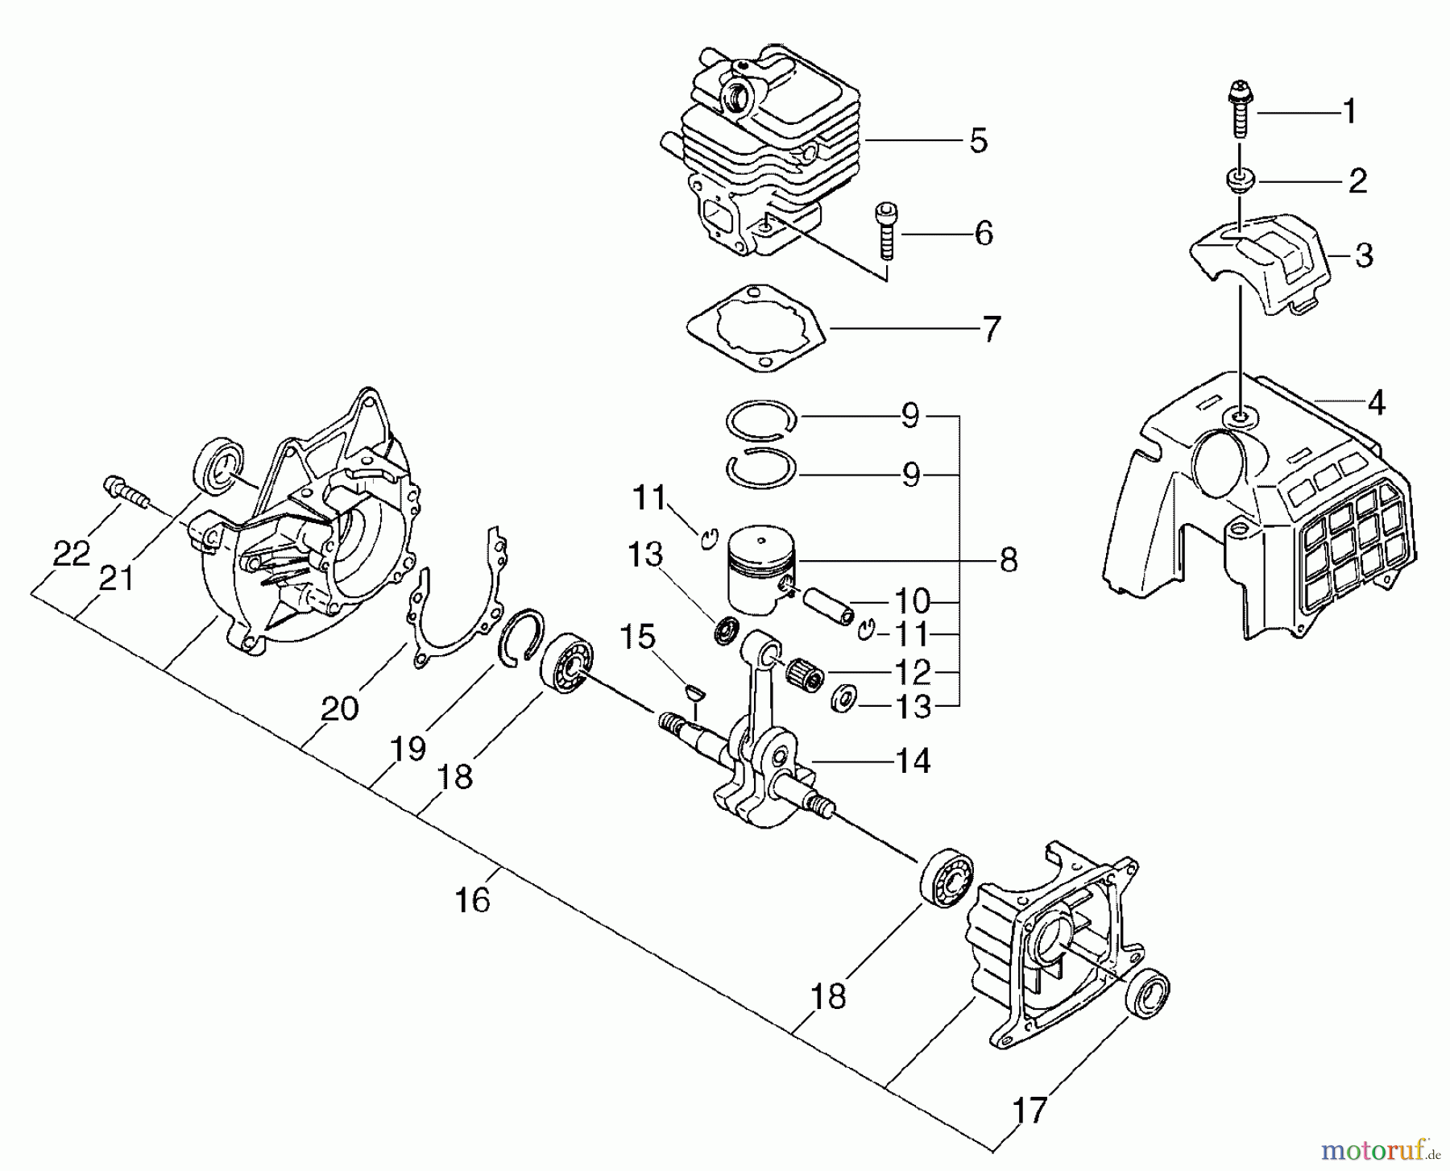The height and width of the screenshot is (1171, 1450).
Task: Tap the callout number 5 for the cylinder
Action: [977, 141]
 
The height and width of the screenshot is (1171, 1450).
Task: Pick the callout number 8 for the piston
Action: [1009, 559]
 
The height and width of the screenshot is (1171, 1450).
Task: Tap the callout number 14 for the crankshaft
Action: [913, 760]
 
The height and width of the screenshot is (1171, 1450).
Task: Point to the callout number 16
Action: [472, 899]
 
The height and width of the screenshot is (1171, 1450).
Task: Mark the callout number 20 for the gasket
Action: [339, 708]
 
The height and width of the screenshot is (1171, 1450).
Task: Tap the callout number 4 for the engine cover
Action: [1376, 402]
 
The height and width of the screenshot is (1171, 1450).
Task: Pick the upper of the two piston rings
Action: [761, 419]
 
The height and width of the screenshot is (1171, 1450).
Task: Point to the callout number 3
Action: [1363, 256]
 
